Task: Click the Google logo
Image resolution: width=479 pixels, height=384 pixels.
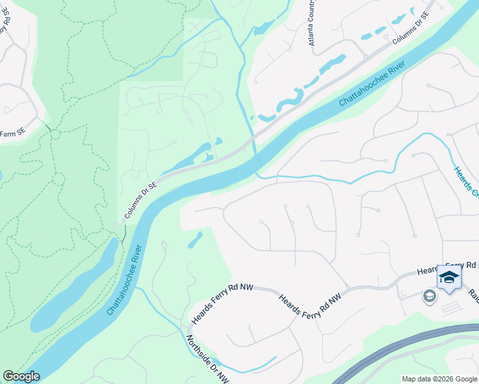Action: click(x=21, y=376)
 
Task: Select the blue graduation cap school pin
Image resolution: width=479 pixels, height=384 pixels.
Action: click(x=449, y=278)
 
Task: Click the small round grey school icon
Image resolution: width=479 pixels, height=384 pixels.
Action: click(x=428, y=295)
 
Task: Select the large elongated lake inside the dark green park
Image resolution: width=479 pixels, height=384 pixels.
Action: click(x=74, y=288)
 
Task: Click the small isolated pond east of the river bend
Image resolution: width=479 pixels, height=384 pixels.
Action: click(x=195, y=240)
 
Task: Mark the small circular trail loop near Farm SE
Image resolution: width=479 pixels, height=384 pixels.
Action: click(x=54, y=135)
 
